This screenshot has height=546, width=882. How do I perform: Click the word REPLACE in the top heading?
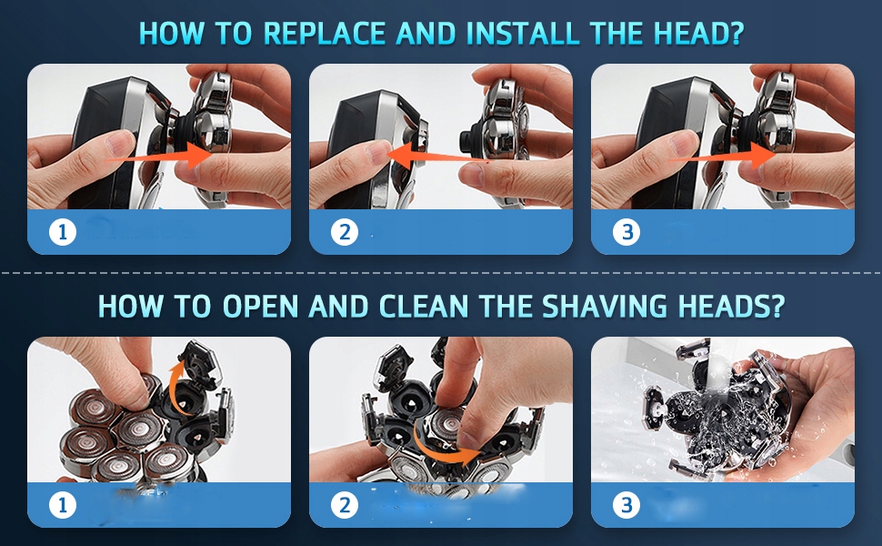pos(324,33)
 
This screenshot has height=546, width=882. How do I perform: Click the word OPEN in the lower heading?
pos(260,306)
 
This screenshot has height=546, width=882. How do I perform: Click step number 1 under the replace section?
pos(63,231)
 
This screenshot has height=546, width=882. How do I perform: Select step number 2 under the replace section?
pos(345,231)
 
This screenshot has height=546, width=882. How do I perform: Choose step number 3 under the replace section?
pos(626,231)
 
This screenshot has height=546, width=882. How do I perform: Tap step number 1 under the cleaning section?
pos(63,505)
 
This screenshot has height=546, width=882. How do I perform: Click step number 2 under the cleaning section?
pos(345,505)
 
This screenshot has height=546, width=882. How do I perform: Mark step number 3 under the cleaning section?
pos(626,505)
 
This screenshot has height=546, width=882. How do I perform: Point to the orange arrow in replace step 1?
pos(158,157)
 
